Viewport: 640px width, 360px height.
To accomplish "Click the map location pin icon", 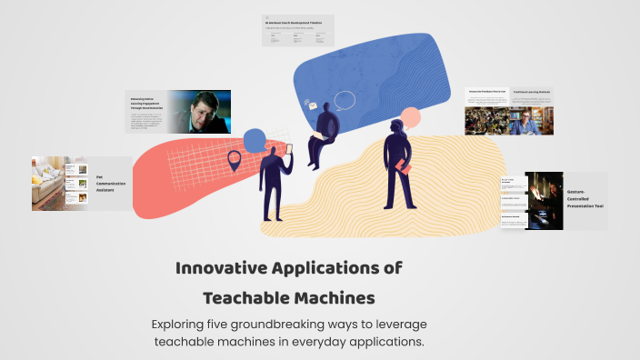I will (x=234, y=162).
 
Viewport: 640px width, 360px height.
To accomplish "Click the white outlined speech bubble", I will (x=344, y=101).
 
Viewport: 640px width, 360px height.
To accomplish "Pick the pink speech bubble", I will (x=411, y=117).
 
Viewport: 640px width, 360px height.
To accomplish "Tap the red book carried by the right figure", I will (x=403, y=167).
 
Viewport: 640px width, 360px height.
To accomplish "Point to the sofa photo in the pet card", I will (x=46, y=183).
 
